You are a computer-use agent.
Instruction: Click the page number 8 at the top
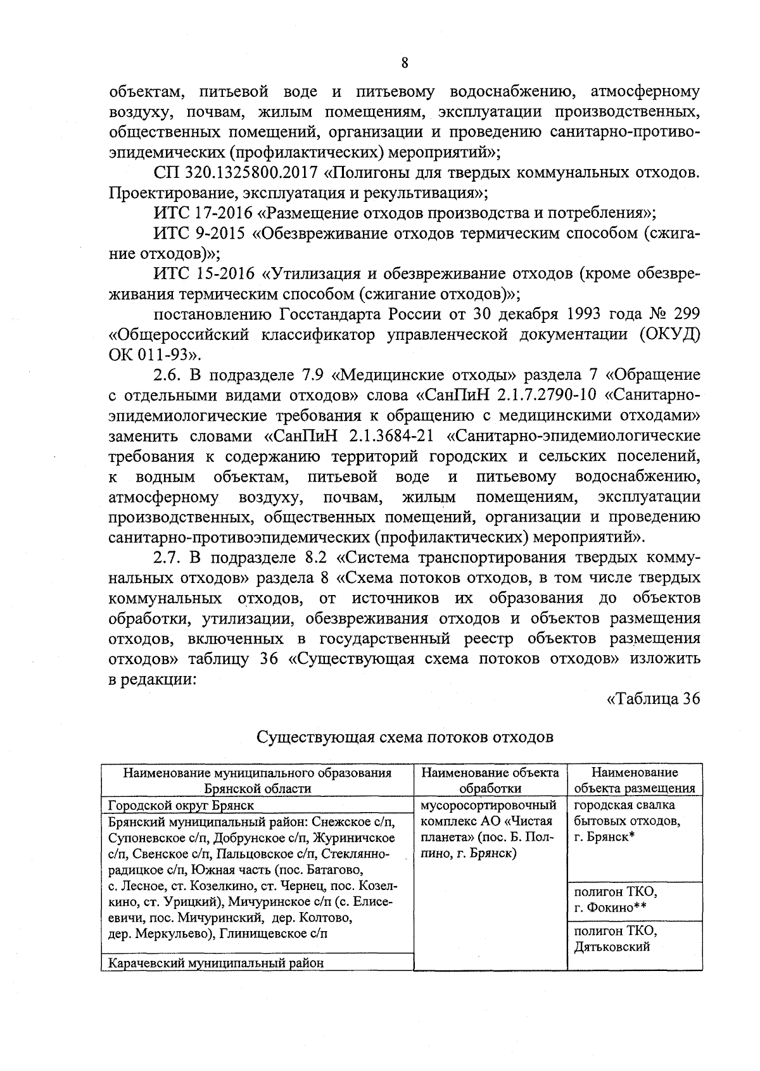[405, 63]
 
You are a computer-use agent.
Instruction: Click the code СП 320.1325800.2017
[239, 173]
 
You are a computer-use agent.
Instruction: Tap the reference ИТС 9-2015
[198, 234]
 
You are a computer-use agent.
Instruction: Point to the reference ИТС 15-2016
[203, 274]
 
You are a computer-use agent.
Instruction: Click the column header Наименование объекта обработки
[490, 780]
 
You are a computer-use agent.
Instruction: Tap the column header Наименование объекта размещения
[634, 780]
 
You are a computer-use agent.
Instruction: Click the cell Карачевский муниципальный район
[215, 963]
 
